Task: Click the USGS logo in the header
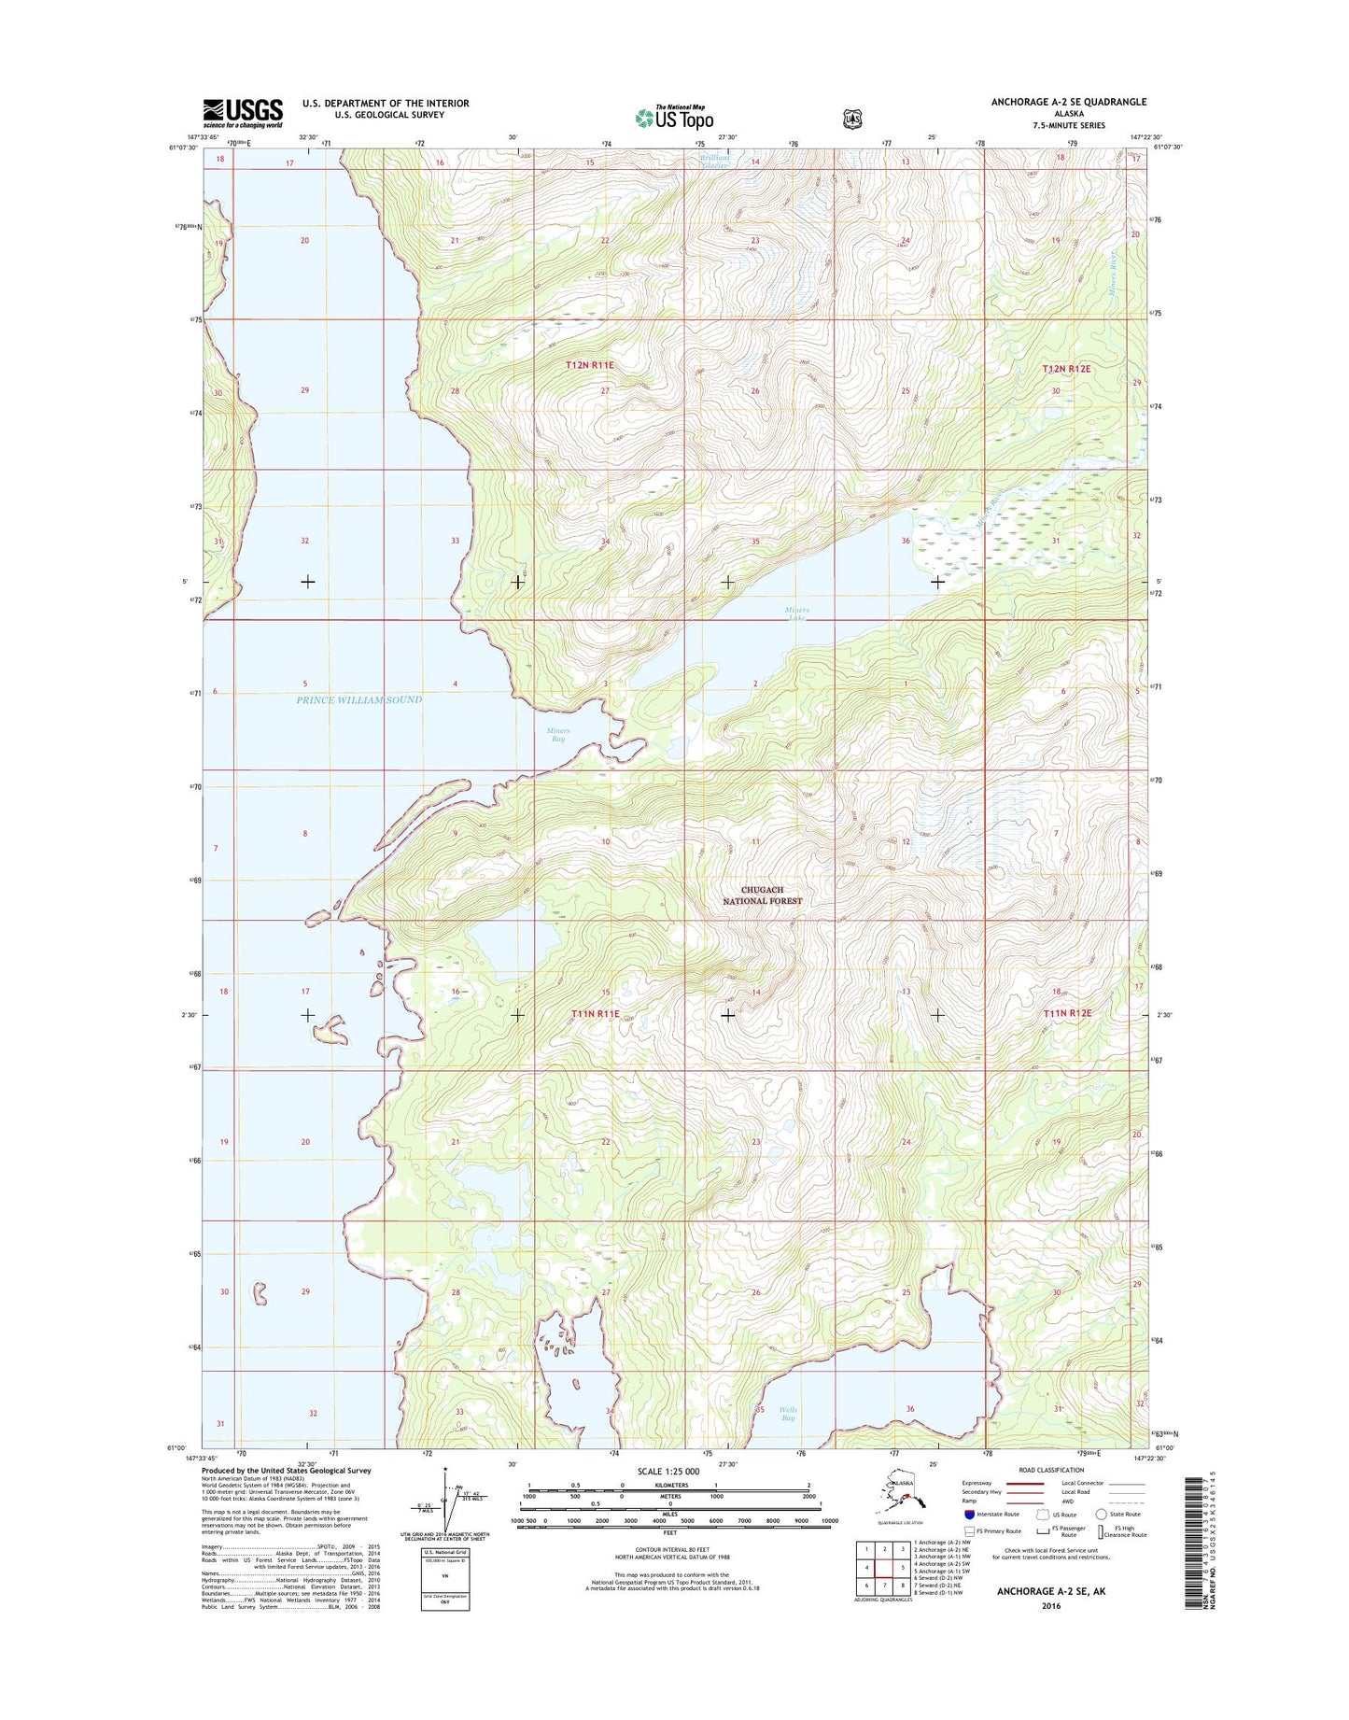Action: (x=243, y=113)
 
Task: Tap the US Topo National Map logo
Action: (x=674, y=117)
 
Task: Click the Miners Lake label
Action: (x=796, y=613)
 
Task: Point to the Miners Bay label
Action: (x=557, y=734)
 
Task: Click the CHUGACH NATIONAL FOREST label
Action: (x=763, y=895)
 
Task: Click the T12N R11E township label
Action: (x=590, y=365)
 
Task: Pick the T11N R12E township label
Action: (x=1067, y=1013)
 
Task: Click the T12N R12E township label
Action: (x=1066, y=370)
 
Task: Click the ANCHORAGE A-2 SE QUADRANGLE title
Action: (x=1069, y=102)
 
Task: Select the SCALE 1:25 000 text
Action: (x=667, y=1471)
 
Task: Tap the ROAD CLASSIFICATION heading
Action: (x=1051, y=1470)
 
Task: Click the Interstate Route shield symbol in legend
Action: (x=969, y=1514)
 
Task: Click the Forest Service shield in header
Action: (x=852, y=119)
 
